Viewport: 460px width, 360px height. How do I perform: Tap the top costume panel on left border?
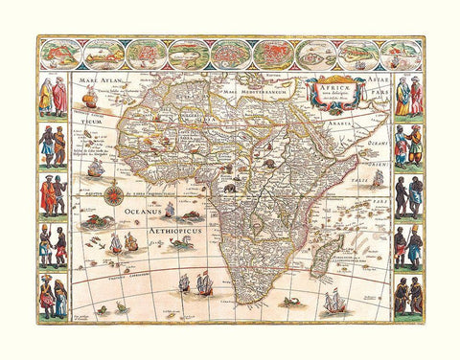[x=53, y=97]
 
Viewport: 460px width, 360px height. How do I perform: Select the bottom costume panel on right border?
[x=407, y=297]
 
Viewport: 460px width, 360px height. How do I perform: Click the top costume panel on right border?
[x=407, y=97]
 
